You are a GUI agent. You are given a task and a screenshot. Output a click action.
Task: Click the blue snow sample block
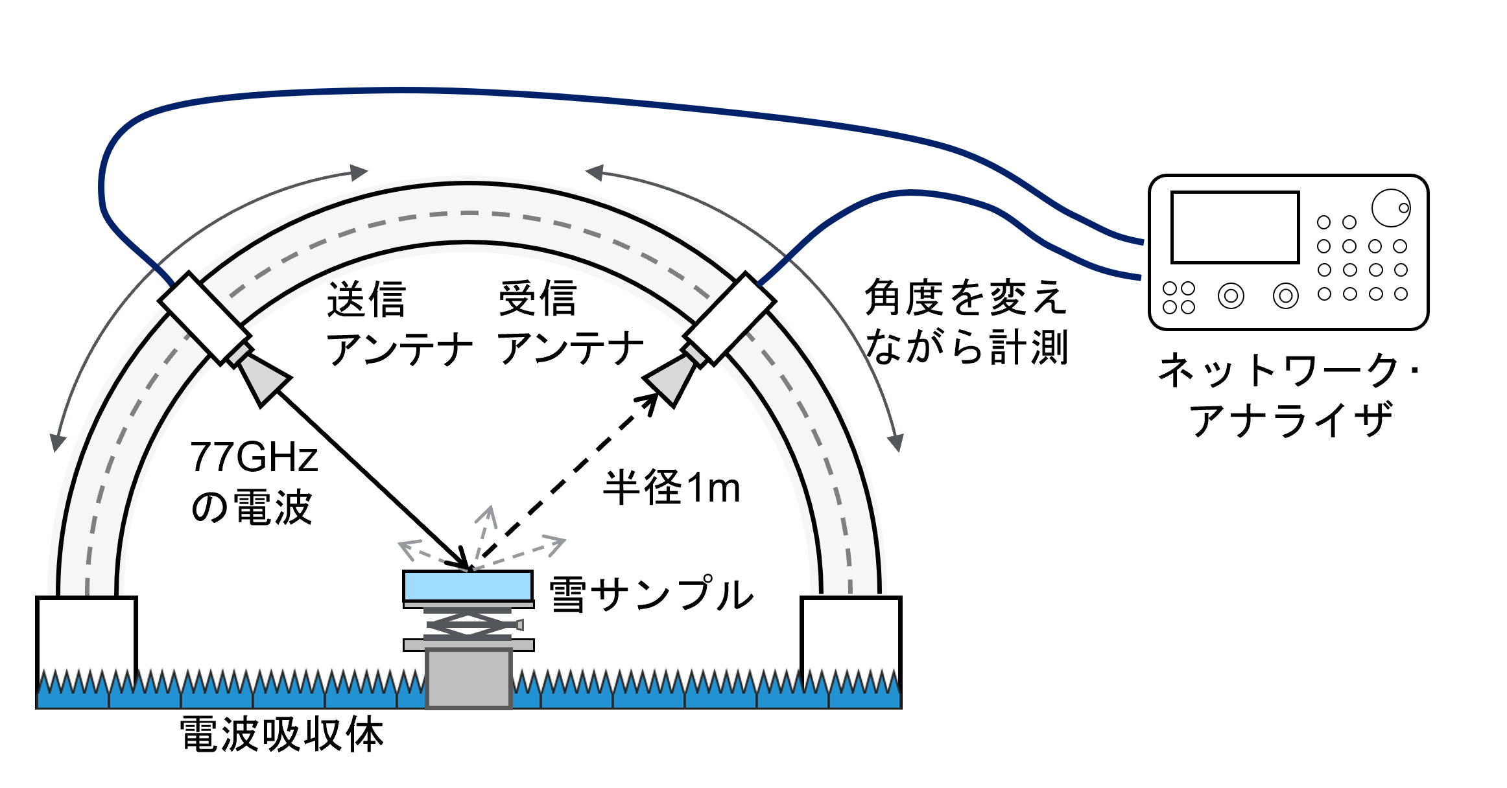pos(468,586)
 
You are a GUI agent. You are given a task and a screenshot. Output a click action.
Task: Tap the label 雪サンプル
pos(651,594)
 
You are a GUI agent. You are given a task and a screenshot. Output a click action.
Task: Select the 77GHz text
pos(254,457)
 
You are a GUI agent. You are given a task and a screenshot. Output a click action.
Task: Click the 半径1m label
pos(671,487)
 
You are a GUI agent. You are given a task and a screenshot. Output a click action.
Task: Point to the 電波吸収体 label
pos(282,735)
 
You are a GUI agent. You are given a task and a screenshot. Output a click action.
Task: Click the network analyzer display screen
pos(1235,227)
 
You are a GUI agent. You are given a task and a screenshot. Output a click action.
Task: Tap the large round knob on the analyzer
pos(1390,208)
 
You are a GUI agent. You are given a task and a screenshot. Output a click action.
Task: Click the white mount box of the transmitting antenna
pos(204,318)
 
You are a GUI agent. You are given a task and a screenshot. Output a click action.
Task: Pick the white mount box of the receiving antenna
pos(730,318)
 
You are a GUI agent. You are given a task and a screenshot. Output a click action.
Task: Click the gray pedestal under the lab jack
pos(468,677)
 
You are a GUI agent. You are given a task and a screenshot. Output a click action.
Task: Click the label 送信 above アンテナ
pos(366,299)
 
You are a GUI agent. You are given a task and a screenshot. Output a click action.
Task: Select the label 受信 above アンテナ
pos(538,299)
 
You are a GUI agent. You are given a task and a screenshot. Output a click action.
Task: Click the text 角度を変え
pos(966,298)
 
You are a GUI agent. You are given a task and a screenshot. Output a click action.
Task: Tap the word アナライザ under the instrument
pos(1290,420)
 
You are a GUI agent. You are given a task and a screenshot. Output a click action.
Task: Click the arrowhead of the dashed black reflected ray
pos(650,400)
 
